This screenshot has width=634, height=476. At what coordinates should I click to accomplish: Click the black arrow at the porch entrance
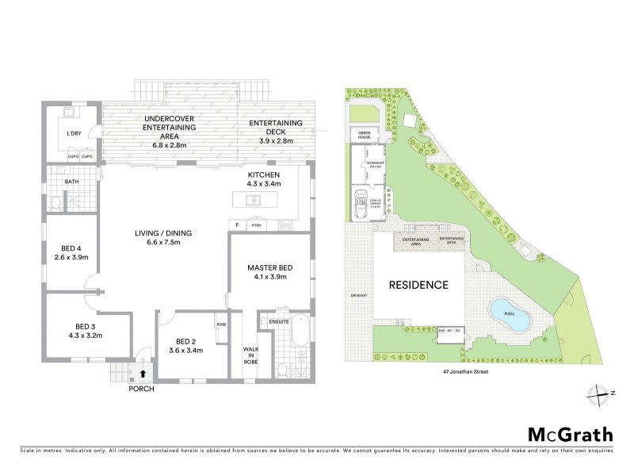(x=143, y=370)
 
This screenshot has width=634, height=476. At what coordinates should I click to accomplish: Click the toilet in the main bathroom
(x=53, y=203)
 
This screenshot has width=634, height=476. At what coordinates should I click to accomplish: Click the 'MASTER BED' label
(x=270, y=269)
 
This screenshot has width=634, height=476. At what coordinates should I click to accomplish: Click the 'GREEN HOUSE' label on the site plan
(x=365, y=136)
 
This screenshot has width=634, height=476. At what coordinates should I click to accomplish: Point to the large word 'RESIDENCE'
(x=418, y=285)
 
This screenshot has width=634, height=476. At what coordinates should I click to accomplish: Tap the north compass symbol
(x=596, y=393)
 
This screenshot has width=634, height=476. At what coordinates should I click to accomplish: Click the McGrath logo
(x=570, y=434)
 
